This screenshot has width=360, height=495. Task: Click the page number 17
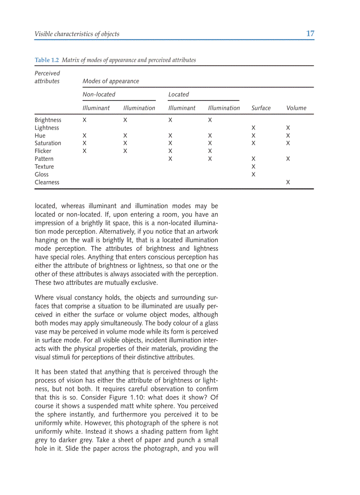310,33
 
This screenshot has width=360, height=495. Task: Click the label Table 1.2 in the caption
47,60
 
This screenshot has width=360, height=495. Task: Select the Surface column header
261,108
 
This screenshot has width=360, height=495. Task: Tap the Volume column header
296,108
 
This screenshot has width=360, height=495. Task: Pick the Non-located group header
99,94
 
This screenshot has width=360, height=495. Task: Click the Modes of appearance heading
111,81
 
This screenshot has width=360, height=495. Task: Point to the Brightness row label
48,120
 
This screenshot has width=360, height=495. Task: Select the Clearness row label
47,182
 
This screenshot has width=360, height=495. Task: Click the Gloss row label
41,174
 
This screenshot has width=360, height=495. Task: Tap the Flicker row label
43,151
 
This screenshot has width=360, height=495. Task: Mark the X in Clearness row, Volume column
288,182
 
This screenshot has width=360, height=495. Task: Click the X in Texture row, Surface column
253,167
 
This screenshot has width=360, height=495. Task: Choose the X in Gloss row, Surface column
253,174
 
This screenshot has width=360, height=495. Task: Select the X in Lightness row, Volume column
288,128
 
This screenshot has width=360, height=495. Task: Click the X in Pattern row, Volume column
288,159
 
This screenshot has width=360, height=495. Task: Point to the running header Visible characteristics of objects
77,34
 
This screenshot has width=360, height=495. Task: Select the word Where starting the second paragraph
44,298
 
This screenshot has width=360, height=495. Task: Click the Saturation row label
48,143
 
